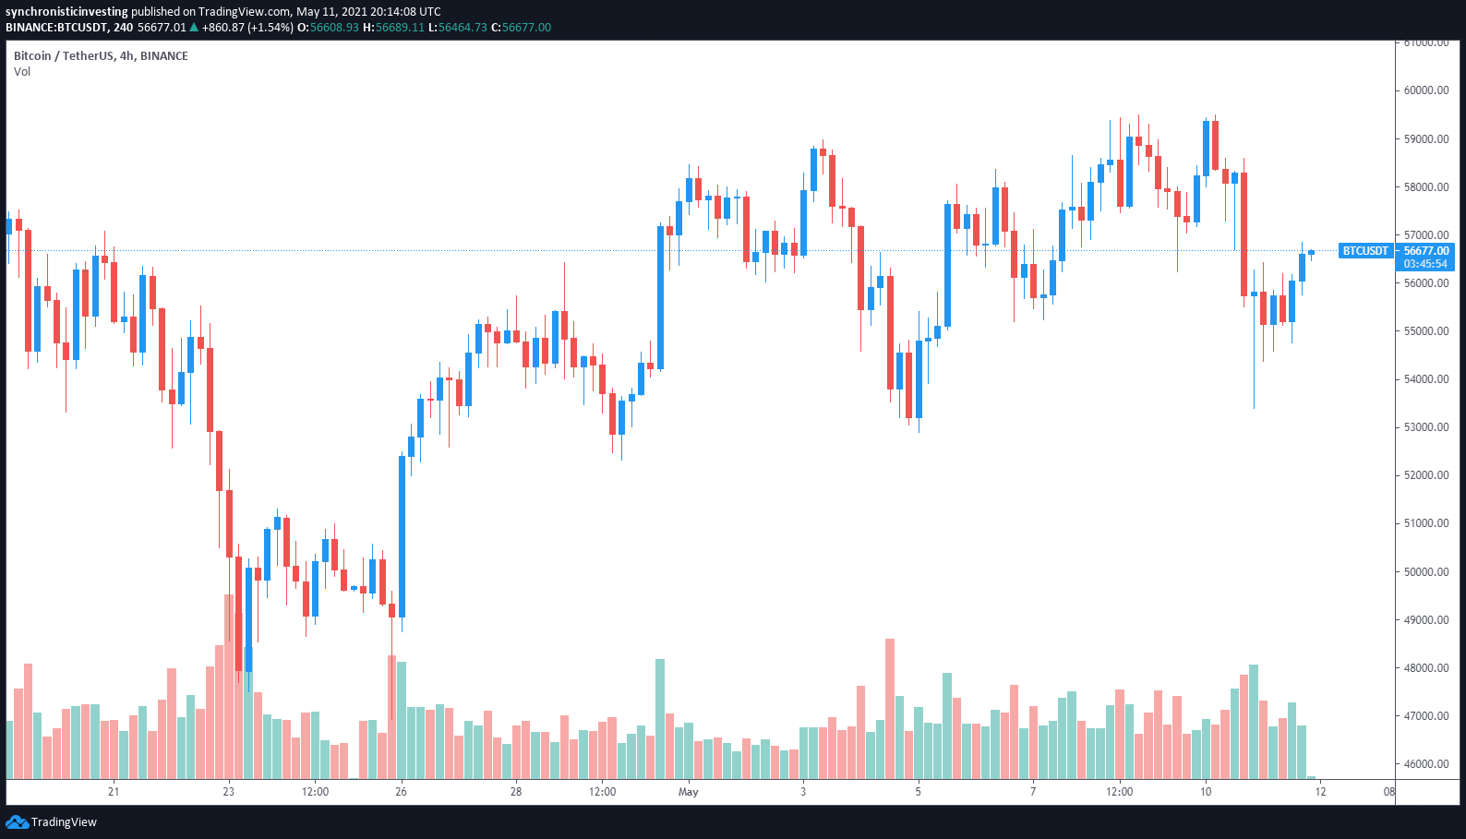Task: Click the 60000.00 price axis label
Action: (x=1425, y=90)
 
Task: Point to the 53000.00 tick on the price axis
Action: (x=1425, y=427)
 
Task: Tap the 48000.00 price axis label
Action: (x=1425, y=668)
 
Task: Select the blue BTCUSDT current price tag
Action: (x=1364, y=251)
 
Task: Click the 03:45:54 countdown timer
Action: (x=1425, y=264)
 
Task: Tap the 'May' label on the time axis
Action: (x=689, y=792)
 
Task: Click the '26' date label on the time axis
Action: (x=401, y=792)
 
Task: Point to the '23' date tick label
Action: (x=229, y=792)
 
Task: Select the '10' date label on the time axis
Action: (x=1206, y=792)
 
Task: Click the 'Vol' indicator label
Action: (x=22, y=72)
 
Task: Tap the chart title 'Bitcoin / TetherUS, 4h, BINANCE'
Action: (x=101, y=56)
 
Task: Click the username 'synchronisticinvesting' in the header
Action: (x=66, y=12)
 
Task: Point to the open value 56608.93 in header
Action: (x=334, y=28)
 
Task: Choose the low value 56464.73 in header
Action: (x=463, y=28)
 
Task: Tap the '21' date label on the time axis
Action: (x=114, y=792)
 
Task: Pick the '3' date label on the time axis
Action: (x=803, y=792)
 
